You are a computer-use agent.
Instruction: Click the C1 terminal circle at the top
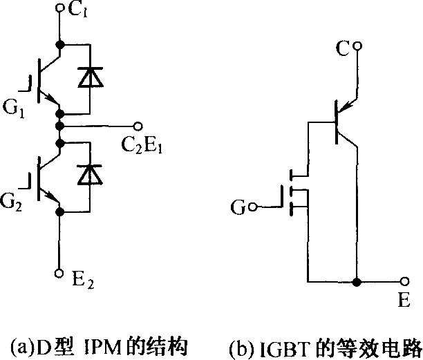tap(59, 8)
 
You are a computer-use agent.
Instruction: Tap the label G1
tap(14, 109)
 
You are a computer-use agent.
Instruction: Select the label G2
tap(11, 202)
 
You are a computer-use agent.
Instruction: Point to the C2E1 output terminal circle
tap(138, 126)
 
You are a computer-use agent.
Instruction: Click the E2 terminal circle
tap(59, 273)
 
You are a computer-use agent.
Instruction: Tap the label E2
tap(83, 281)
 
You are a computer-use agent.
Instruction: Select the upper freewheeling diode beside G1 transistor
tap(90, 77)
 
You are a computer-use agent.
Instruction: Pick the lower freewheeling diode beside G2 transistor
tap(90, 174)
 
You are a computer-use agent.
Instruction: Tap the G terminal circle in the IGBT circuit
tap(253, 207)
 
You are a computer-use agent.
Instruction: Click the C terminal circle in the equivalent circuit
tap(357, 46)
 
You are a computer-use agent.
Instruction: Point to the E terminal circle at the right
tap(404, 282)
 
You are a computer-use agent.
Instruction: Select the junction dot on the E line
tap(357, 282)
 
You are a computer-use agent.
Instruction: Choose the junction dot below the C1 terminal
tap(59, 44)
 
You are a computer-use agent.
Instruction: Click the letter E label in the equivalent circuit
tap(404, 300)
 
